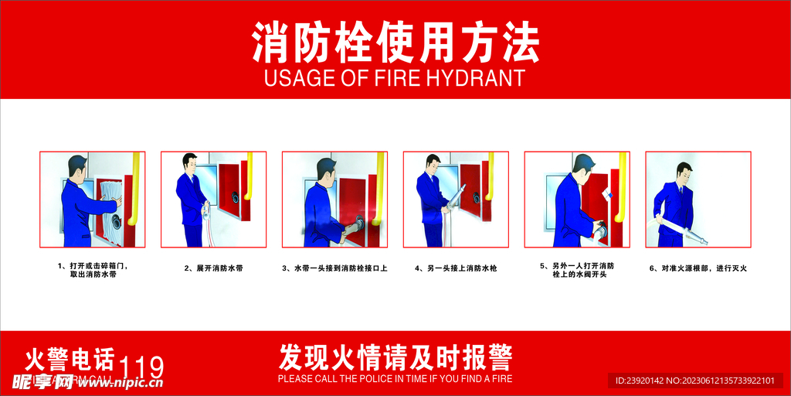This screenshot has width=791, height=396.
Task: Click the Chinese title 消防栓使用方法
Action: click(x=395, y=43)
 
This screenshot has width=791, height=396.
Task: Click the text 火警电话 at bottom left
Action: click(x=70, y=360)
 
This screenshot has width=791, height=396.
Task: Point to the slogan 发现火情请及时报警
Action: click(x=395, y=357)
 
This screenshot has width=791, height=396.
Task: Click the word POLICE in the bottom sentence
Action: click(x=360, y=379)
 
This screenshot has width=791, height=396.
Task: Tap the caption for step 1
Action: click(x=93, y=270)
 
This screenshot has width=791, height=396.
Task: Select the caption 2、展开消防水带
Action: click(x=214, y=268)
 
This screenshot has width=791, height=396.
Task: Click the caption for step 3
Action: click(x=334, y=268)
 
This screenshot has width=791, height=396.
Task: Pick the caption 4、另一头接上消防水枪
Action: click(x=456, y=268)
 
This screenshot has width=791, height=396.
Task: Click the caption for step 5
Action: click(x=577, y=270)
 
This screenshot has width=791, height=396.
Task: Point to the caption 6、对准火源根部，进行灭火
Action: click(x=698, y=268)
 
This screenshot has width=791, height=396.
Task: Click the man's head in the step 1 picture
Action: click(x=77, y=166)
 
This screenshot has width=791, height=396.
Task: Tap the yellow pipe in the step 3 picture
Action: click(x=379, y=186)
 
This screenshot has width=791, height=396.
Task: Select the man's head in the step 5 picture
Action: click(x=583, y=164)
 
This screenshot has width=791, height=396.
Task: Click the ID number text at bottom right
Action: click(x=694, y=381)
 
